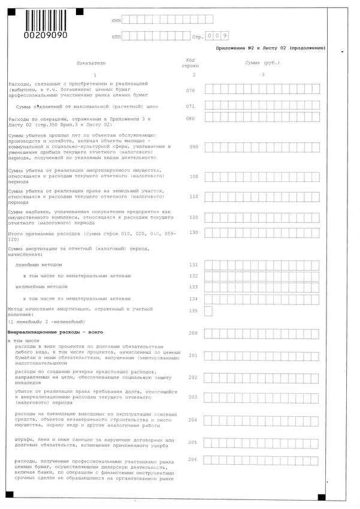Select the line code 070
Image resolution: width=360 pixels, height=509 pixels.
(x=190, y=90)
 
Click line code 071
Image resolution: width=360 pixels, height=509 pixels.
(x=190, y=106)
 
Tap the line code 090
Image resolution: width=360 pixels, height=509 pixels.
(x=193, y=146)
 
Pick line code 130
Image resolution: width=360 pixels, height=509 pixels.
(x=193, y=232)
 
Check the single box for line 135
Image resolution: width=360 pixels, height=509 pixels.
(x=208, y=311)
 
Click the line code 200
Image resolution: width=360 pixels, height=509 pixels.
(x=193, y=333)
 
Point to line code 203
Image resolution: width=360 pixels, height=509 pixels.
(x=193, y=397)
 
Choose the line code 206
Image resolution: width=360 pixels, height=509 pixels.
(x=193, y=459)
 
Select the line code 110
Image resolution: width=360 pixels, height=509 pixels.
(x=193, y=196)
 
